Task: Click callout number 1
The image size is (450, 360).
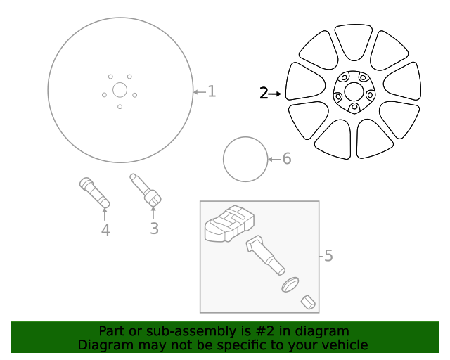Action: pos(212,91)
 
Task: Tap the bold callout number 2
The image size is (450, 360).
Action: pos(264,93)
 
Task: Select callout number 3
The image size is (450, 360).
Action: pos(154,228)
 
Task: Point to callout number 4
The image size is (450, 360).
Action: pos(105,230)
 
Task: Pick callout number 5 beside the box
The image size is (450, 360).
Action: pos(328,256)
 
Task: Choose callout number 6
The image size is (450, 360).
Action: pos(286,159)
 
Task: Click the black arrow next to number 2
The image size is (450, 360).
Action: pos(275,93)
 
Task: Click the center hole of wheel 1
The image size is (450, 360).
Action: pos(120,89)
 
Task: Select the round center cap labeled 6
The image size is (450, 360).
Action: pos(245,159)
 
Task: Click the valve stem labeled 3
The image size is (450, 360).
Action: pos(145,191)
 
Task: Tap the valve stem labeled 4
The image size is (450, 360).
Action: pos(94,193)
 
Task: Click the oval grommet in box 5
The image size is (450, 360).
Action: pos(290,285)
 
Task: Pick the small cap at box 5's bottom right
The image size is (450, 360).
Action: pos(307,303)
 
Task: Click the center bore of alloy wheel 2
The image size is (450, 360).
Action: pos(354,92)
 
